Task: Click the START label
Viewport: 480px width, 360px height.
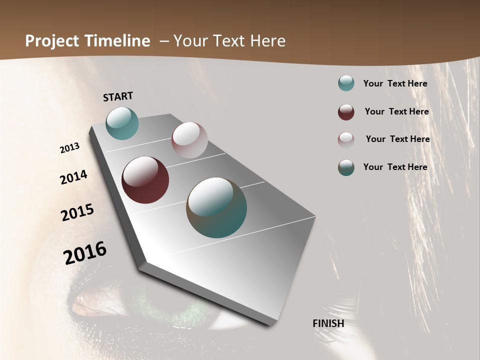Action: pyautogui.click(x=118, y=96)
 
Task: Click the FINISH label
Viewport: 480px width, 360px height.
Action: pyautogui.click(x=328, y=323)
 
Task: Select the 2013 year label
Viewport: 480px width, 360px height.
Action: pyautogui.click(x=69, y=148)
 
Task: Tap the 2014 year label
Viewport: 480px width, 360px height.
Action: pyautogui.click(x=73, y=177)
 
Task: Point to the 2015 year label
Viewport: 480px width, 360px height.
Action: pyautogui.click(x=77, y=212)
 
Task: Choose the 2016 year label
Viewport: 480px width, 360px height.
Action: pyautogui.click(x=85, y=252)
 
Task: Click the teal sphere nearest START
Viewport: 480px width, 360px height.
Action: pyautogui.click(x=122, y=123)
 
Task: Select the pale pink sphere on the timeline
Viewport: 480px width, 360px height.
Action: pyautogui.click(x=189, y=140)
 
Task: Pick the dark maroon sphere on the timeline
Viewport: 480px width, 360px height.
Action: pyautogui.click(x=145, y=180)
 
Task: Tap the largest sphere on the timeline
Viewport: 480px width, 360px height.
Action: pyautogui.click(x=216, y=207)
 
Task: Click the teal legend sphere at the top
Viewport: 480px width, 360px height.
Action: pyautogui.click(x=346, y=83)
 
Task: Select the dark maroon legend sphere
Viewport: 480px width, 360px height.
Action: pyautogui.click(x=346, y=112)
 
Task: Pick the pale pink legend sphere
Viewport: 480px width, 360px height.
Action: pyautogui.click(x=346, y=139)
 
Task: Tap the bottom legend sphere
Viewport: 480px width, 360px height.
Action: pyautogui.click(x=346, y=167)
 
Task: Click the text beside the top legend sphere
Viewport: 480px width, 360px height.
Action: pyautogui.click(x=395, y=83)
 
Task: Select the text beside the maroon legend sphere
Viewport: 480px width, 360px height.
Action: pyautogui.click(x=396, y=111)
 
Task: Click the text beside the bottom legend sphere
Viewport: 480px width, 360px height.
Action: pyautogui.click(x=395, y=167)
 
